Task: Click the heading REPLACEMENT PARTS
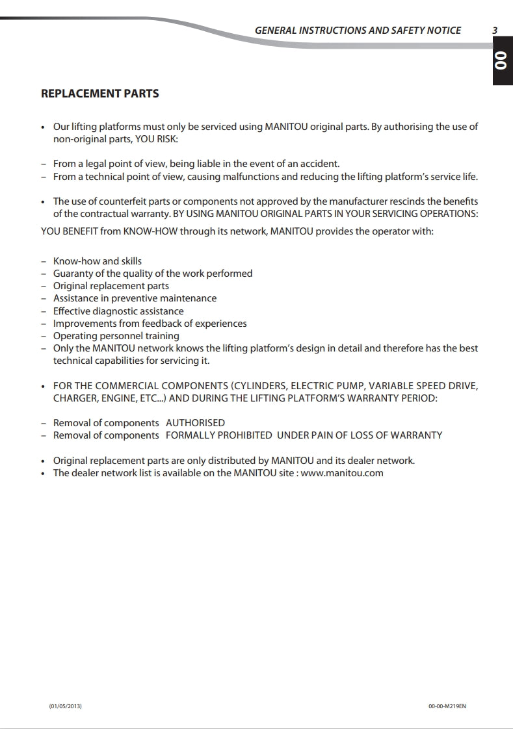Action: click(x=99, y=94)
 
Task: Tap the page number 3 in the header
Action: click(x=495, y=30)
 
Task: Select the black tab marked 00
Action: click(x=501, y=61)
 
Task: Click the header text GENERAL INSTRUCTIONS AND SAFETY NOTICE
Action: click(x=358, y=30)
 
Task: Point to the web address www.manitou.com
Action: click(x=342, y=473)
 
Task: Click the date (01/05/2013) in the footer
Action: click(x=66, y=706)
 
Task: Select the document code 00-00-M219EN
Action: click(x=447, y=706)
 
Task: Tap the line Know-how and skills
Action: click(x=97, y=261)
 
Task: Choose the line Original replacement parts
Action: click(x=111, y=286)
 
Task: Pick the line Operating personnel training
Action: click(x=116, y=336)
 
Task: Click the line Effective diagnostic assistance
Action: click(x=118, y=311)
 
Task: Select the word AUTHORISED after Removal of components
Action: click(x=195, y=423)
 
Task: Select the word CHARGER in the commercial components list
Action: click(x=75, y=398)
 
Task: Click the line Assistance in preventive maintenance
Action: click(x=135, y=298)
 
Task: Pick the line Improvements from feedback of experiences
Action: click(x=150, y=324)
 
